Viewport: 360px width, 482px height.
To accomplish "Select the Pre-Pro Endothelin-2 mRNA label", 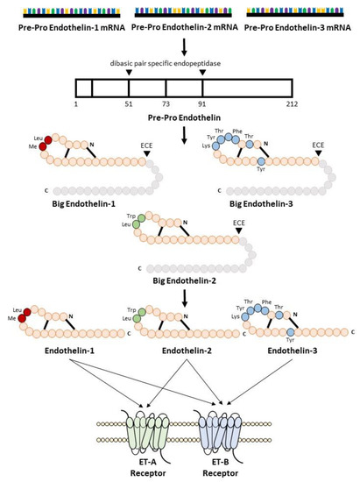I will [179, 28].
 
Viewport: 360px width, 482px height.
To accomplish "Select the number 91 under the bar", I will [202, 103].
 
